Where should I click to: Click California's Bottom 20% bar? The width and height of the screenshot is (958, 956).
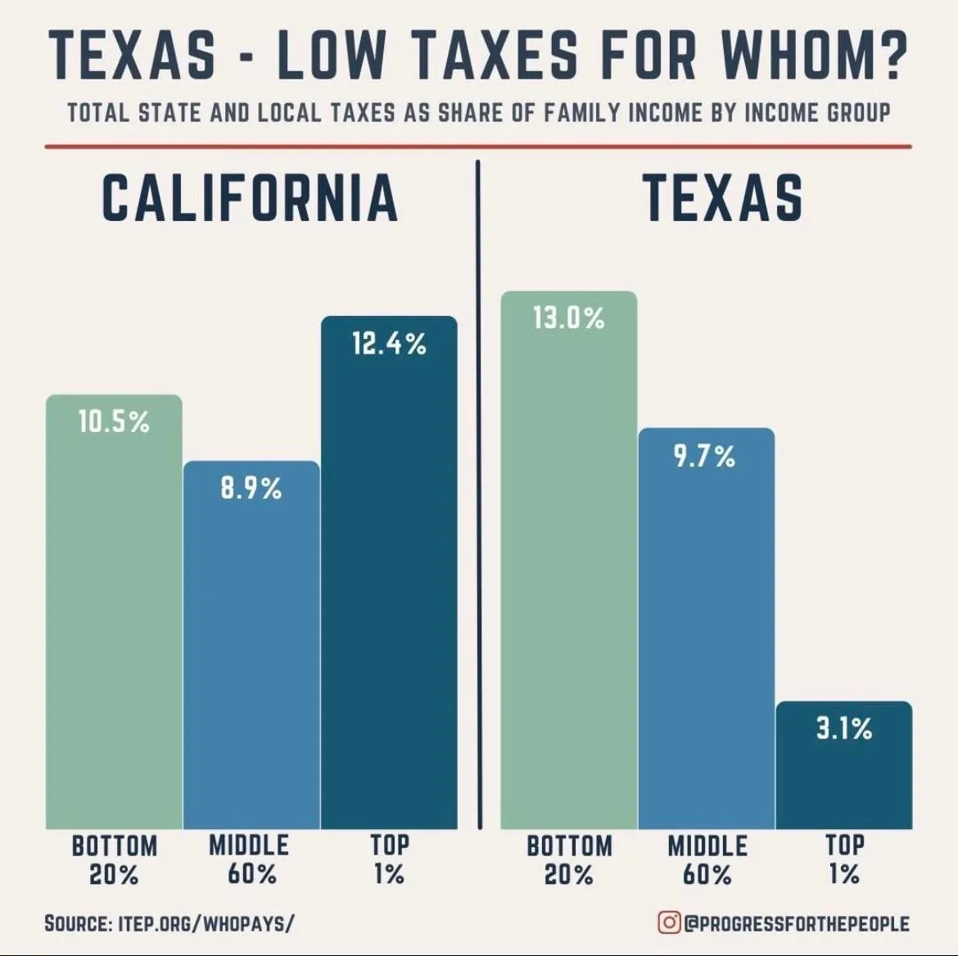point(114,622)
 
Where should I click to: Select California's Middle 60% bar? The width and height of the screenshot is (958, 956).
point(251,655)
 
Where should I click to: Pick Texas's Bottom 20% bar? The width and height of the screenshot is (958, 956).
point(568,573)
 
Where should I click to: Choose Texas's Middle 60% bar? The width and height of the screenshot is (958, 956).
point(706,638)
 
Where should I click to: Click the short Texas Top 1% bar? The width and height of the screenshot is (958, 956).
point(843,778)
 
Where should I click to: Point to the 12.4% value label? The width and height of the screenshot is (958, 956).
point(389,344)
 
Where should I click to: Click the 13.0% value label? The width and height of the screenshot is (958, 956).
point(568,318)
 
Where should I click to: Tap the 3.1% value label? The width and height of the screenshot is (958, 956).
point(843,728)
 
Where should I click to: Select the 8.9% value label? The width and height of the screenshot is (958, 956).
point(251,489)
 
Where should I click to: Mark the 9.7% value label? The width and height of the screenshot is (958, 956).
point(705,456)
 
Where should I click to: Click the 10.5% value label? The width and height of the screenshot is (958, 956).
point(114,422)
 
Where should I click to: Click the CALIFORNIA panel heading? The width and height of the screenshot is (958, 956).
point(250,198)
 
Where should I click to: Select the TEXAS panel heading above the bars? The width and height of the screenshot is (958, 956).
point(723,198)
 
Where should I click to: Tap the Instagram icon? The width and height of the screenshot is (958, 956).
point(669,922)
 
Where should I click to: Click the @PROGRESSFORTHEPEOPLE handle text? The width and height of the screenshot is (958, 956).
point(797,923)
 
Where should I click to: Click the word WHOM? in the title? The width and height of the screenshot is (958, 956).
point(813,56)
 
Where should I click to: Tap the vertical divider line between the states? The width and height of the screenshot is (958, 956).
point(478,491)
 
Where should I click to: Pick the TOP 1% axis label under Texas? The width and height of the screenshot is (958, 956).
point(843,859)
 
